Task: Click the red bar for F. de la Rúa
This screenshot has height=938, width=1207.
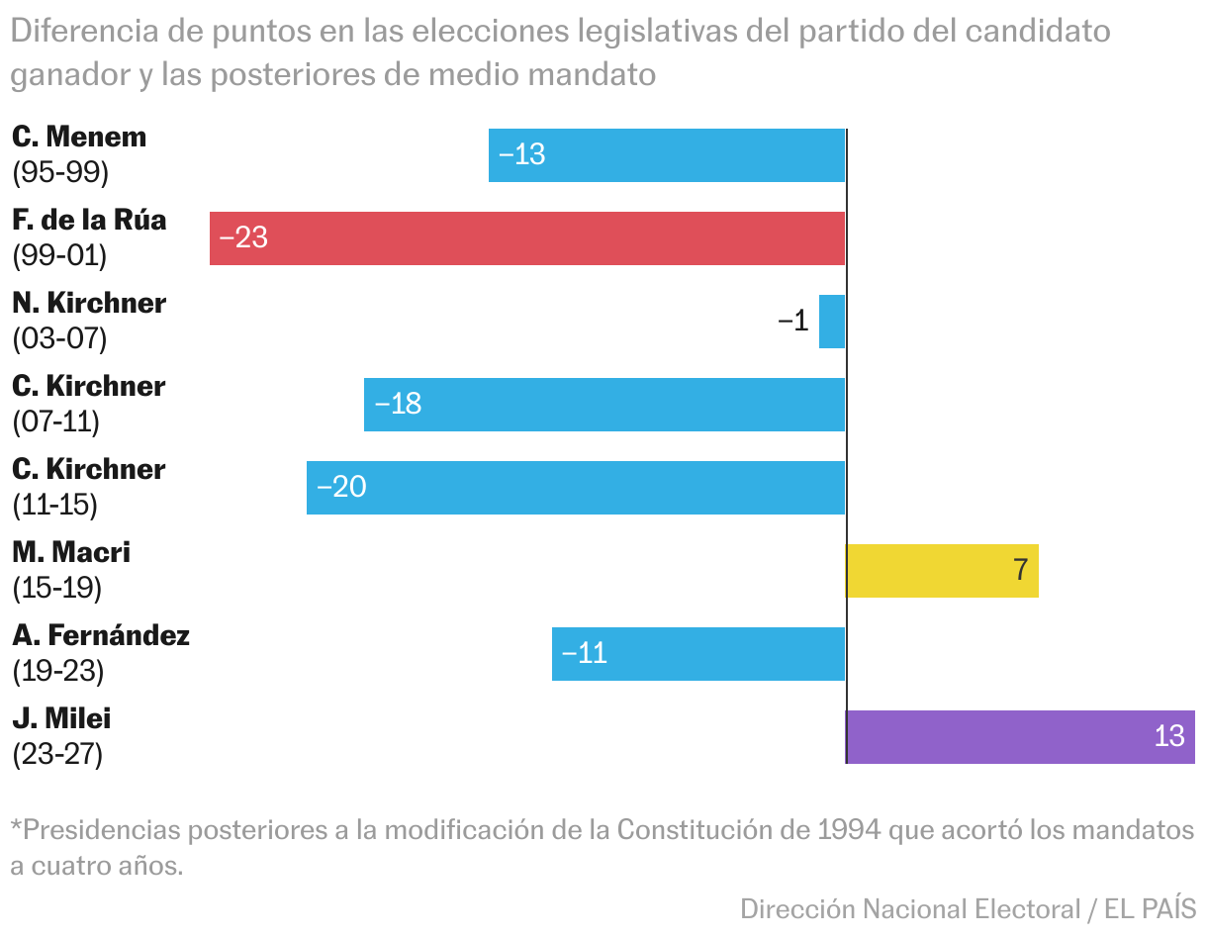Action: click(527, 238)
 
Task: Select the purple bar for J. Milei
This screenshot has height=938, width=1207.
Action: click(1020, 737)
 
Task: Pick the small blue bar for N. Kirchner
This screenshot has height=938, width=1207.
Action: click(832, 322)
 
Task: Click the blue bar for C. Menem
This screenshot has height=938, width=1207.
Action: click(667, 155)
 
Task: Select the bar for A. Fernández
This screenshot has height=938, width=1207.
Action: click(698, 654)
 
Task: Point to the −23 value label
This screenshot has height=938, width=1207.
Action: click(243, 238)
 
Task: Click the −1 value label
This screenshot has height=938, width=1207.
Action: click(792, 322)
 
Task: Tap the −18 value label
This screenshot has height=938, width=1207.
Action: click(398, 405)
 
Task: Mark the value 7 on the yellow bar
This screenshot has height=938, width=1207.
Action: click(1021, 571)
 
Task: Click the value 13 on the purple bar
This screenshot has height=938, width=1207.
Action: click(1169, 737)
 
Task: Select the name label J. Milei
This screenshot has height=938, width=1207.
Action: click(61, 718)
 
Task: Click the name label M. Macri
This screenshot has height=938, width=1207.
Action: click(71, 552)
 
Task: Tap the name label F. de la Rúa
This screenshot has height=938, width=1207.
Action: click(89, 220)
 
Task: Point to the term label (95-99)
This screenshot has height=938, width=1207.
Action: click(60, 173)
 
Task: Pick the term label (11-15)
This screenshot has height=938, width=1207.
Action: click(55, 506)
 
